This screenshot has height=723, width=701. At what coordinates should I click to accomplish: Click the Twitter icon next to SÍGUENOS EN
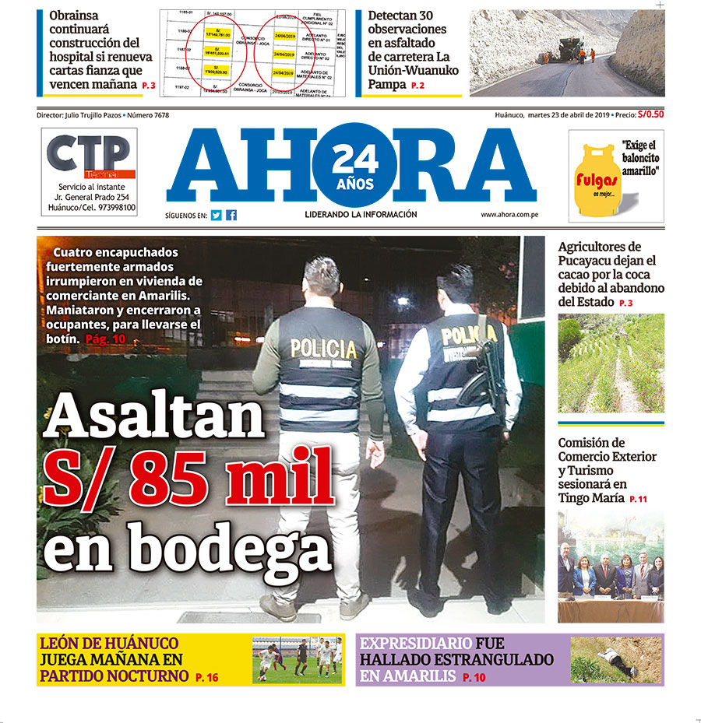[x=216, y=216]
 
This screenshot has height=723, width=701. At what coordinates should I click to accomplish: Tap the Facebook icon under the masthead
[x=231, y=216]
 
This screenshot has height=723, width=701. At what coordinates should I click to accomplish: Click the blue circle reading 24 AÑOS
[x=354, y=166]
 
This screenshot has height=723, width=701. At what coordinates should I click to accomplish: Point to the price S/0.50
[x=651, y=114]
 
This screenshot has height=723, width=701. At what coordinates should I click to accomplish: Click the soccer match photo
[x=298, y=660]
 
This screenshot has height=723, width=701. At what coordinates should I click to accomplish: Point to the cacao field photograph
[x=611, y=363]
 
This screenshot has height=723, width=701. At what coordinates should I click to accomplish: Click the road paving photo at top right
[x=566, y=52]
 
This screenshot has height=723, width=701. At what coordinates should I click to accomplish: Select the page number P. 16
[x=206, y=677]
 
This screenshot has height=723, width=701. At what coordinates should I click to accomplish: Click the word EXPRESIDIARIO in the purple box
[x=416, y=644]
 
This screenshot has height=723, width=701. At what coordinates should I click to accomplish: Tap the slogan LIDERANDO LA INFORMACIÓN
[x=361, y=215]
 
